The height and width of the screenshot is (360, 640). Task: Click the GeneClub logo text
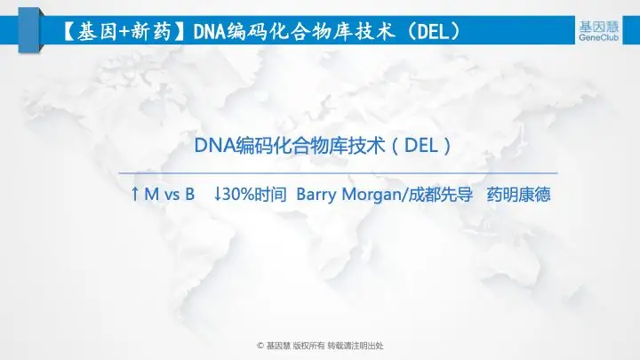598,37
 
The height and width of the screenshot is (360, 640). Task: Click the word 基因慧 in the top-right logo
599,27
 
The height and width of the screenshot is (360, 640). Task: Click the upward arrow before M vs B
135,194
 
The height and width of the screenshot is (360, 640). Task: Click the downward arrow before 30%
218,194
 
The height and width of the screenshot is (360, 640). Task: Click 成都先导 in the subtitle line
440,195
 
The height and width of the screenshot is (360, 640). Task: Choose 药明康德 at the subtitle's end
519,195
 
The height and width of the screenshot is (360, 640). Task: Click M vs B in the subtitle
170,195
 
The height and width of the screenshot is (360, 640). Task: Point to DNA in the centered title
215,145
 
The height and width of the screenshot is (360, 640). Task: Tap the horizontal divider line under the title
338,173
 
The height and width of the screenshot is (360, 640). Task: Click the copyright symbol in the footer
260,346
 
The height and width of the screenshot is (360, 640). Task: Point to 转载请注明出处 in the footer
356,346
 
